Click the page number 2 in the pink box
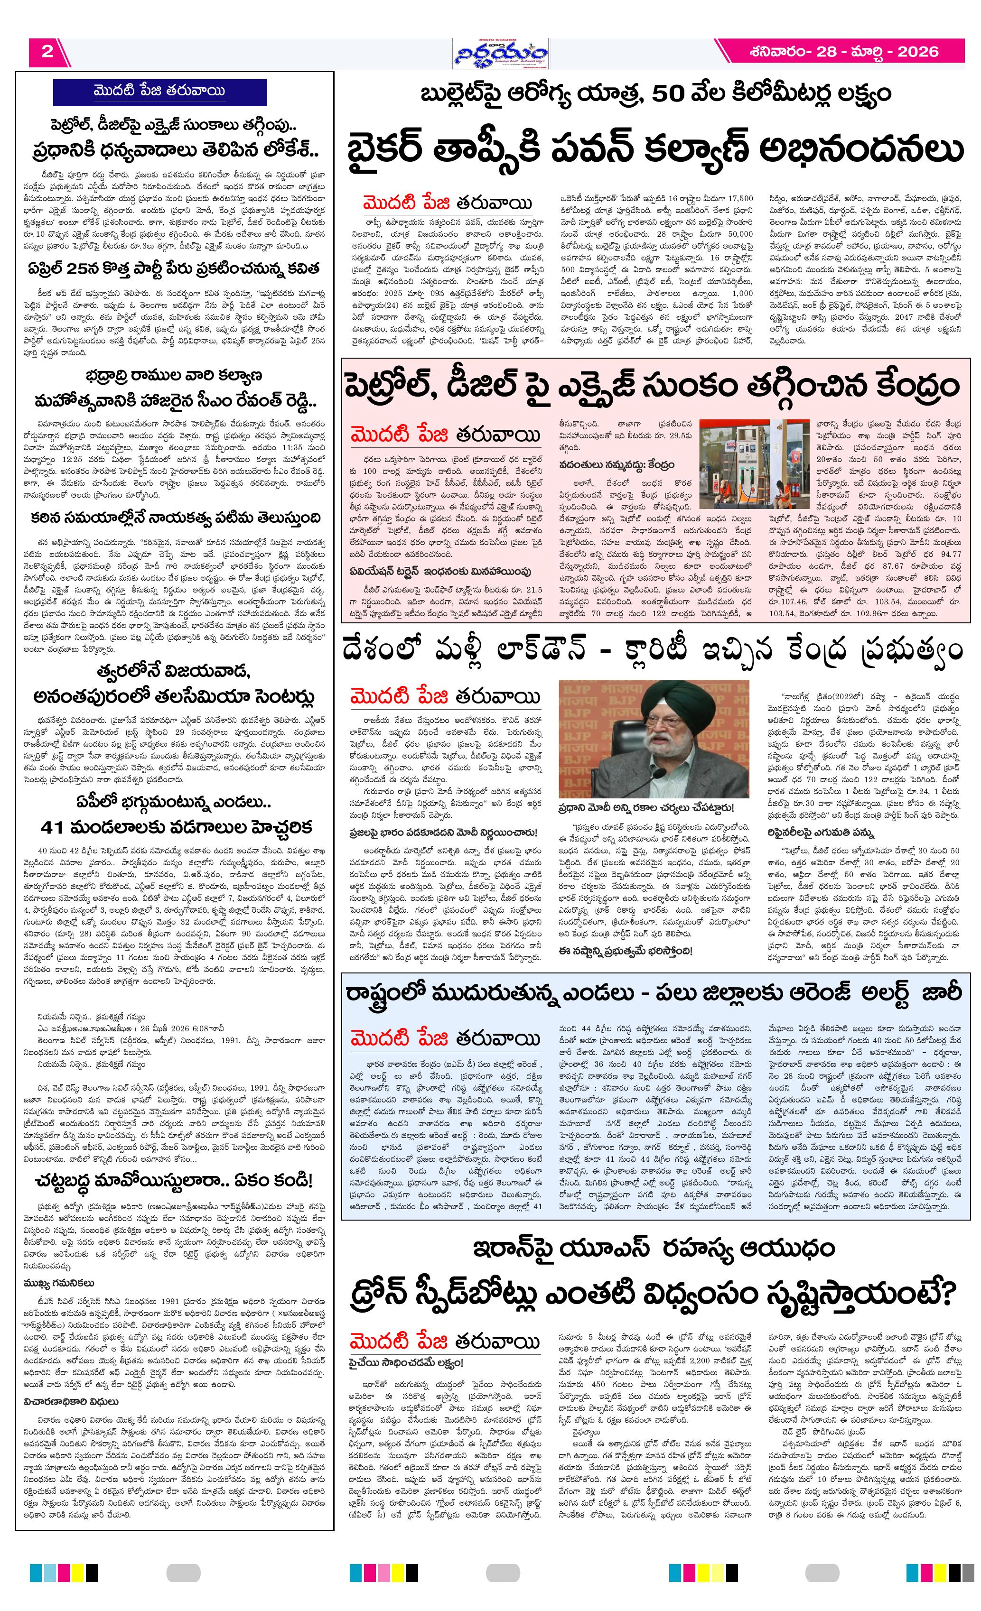47,52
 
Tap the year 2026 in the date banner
917,52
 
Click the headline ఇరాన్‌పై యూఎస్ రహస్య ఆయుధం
654,1248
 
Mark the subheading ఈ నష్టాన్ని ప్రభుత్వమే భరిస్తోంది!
625,951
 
